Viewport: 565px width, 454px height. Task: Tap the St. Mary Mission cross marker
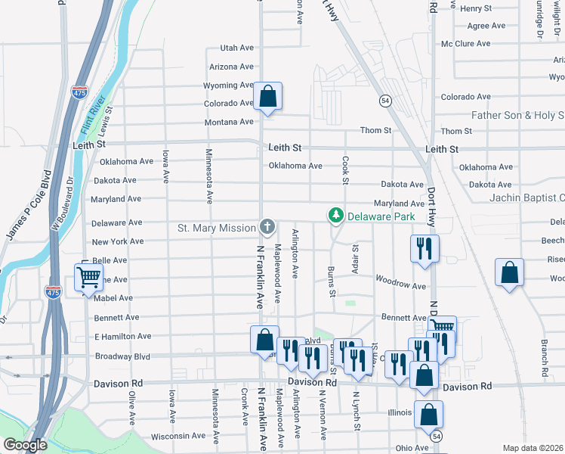pos(267,226)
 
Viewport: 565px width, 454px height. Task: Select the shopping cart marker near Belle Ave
pos(88,278)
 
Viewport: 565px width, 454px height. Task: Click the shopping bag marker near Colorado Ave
pos(267,97)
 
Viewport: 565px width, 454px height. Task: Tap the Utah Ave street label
pos(236,48)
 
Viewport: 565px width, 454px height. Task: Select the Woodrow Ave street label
pos(400,285)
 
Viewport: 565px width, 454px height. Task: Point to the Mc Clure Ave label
pos(466,44)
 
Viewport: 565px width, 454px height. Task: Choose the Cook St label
pos(345,170)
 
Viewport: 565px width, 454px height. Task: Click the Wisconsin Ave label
pos(178,436)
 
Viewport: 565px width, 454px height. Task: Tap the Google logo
pos(24,444)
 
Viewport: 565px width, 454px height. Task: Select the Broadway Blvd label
pos(122,356)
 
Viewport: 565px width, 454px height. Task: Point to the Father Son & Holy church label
pos(517,116)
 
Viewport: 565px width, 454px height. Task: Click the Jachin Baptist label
pos(522,197)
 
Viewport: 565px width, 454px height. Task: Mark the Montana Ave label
pos(229,122)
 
